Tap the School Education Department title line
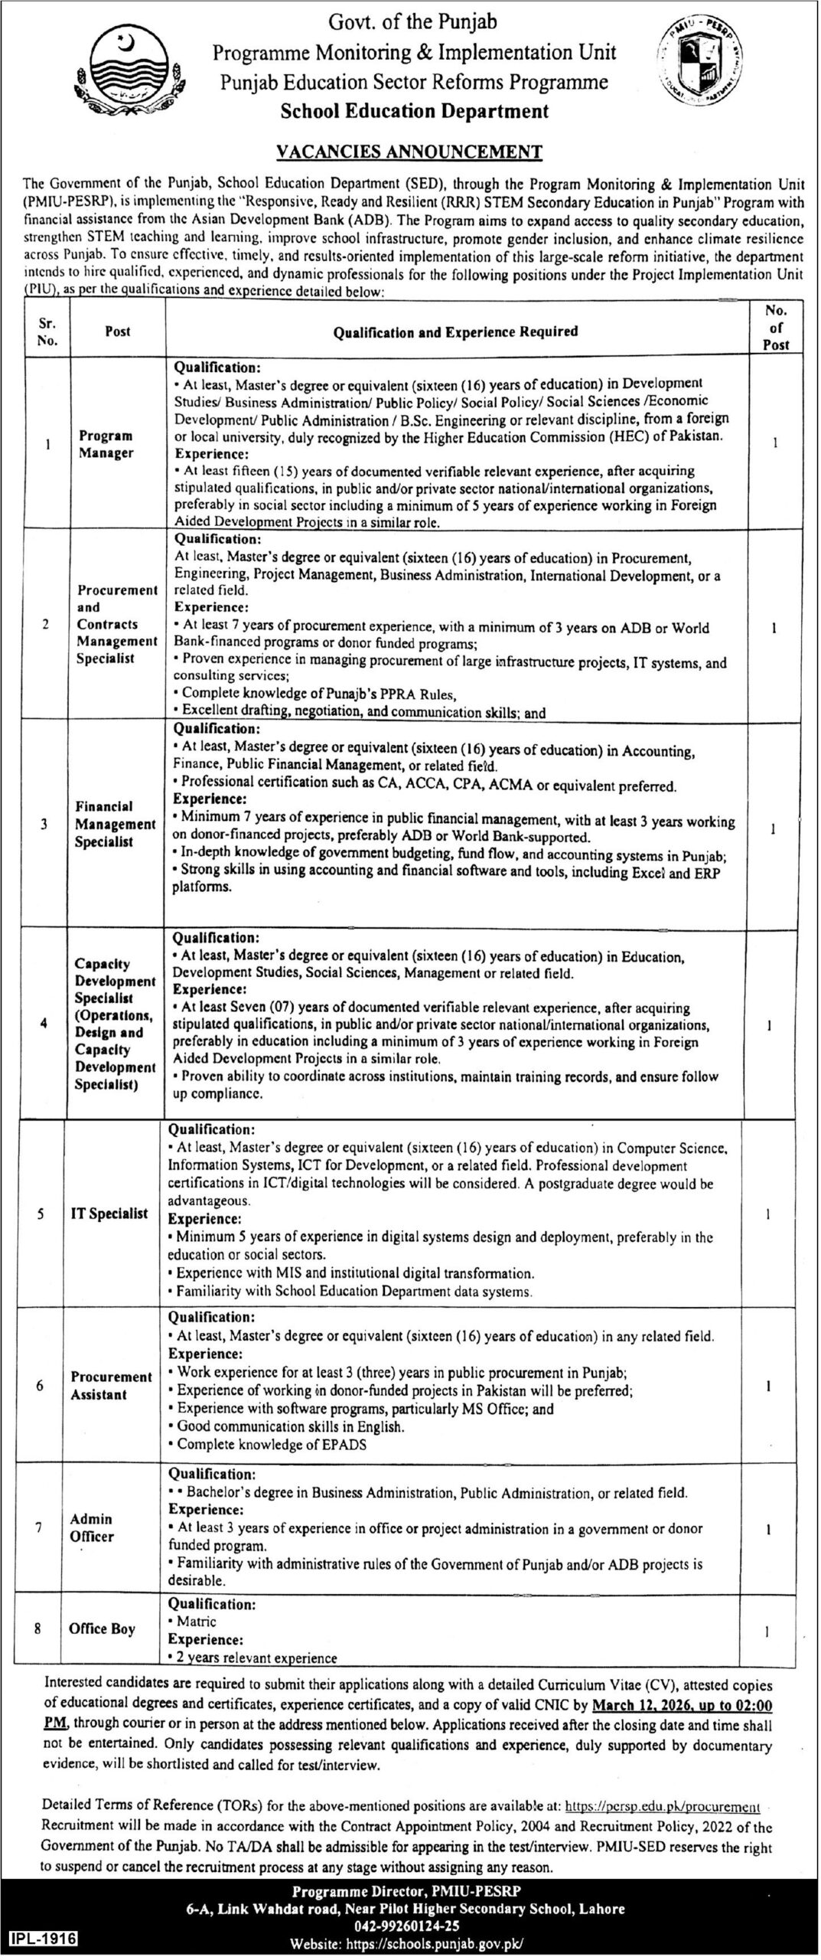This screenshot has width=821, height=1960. coord(414,111)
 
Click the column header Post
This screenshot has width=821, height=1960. coord(118,332)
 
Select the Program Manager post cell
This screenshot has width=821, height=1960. coord(106,444)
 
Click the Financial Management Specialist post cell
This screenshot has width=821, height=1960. coord(115,824)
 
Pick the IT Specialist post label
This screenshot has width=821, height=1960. coord(109,1214)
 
